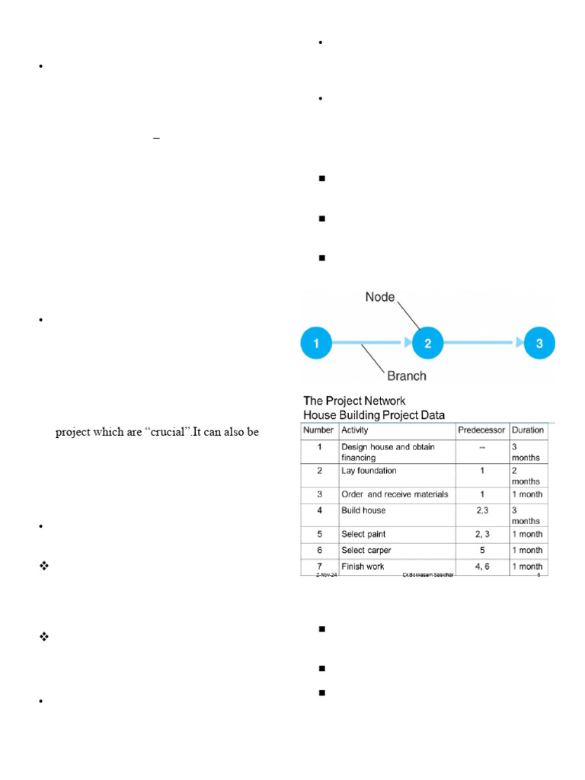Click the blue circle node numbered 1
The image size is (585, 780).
(317, 344)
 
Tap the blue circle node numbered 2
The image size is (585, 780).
(428, 344)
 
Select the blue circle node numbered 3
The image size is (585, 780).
(539, 344)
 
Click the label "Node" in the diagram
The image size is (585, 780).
(381, 297)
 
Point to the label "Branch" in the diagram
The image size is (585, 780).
(407, 376)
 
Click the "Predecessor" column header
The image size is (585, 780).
(481, 430)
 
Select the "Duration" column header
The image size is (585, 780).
(528, 430)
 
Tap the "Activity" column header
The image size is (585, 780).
(356, 430)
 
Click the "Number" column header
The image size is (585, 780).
(319, 430)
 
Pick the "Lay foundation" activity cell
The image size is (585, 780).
(369, 471)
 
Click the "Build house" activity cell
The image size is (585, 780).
(363, 510)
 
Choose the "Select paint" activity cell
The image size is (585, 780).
(365, 533)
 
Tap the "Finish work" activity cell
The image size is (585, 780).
(363, 566)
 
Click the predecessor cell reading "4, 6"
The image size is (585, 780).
(481, 566)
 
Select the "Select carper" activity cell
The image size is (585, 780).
(368, 550)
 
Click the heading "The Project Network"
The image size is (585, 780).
(354, 401)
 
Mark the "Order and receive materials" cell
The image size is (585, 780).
(395, 494)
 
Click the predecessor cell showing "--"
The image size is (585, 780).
(481, 447)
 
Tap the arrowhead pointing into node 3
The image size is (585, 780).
(520, 344)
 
